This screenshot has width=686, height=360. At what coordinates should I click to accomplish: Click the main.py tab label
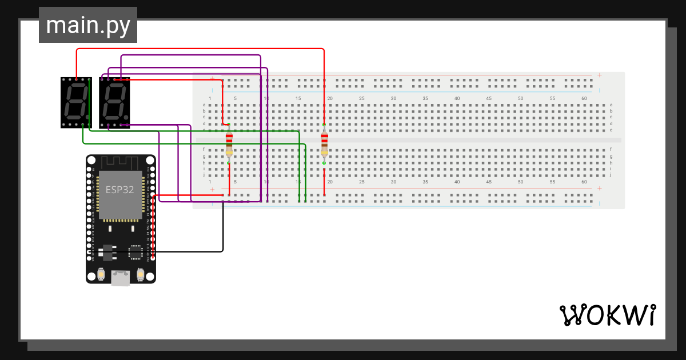pos(87,26)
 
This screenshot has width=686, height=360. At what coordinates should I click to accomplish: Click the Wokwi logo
pos(607,315)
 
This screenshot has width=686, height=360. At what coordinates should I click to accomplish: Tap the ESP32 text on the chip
pos(120,190)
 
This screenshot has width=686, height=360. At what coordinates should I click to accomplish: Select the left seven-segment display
pos(75,102)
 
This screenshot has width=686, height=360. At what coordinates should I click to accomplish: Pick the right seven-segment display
pos(114,102)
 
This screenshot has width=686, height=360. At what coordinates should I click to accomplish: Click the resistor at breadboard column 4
pos(229,144)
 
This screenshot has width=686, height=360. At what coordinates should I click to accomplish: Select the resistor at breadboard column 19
pos(324,144)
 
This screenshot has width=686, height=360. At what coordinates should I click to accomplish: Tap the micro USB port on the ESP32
pos(120,278)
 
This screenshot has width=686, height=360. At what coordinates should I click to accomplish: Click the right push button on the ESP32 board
pos(139,274)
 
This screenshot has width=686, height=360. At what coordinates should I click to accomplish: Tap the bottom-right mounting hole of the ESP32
pos(149,277)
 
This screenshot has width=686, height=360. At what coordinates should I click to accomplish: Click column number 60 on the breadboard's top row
pos(584,99)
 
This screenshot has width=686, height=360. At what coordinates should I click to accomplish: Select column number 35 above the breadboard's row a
pos(425,99)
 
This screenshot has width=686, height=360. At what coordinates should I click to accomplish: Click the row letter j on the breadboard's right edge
pos(611,175)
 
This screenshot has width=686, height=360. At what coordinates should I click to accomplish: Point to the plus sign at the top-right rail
pos(599,75)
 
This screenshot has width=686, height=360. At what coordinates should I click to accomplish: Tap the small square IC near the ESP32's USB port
pos(135,252)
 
